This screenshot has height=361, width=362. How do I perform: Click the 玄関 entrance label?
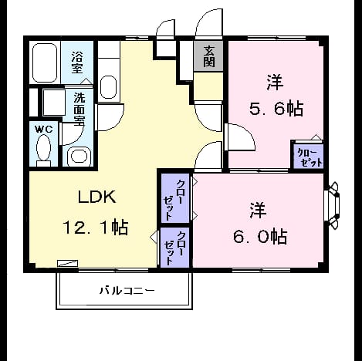point(209,56)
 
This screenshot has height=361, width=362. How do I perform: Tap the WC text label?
point(43,130)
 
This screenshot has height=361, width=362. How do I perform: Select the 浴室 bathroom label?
point(77,62)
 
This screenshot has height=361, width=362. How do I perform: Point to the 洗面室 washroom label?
point(80,109)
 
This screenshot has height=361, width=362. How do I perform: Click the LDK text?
point(96,197)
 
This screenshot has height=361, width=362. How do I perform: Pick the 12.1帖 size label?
point(96,227)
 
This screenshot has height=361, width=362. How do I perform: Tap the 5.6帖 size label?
point(276,109)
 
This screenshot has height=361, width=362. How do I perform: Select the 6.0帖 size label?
point(260,236)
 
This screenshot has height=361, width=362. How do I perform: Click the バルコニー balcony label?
point(127,291)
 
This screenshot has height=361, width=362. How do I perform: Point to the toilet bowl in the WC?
point(43,148)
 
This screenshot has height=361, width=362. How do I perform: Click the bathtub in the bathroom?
point(45,63)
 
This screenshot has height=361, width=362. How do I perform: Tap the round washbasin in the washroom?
point(79,156)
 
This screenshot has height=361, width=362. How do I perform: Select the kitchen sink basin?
point(108,87)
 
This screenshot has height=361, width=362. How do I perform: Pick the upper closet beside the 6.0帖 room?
point(175,197)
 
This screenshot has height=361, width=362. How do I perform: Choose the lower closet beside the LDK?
point(174,248)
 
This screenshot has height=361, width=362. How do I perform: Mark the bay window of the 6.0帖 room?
point(332,205)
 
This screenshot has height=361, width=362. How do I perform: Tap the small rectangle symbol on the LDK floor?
point(68,263)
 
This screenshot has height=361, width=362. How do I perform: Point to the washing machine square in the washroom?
point(54,103)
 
